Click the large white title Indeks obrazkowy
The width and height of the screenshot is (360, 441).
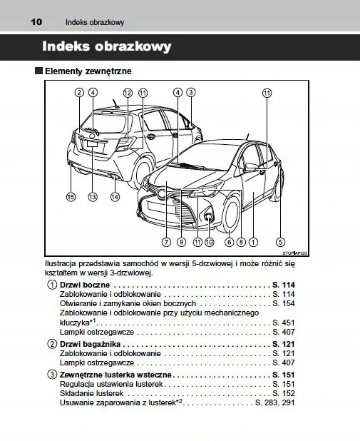tap(107, 47)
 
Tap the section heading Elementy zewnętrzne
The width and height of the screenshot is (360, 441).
tap(88, 72)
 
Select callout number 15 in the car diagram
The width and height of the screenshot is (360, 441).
tap(71, 196)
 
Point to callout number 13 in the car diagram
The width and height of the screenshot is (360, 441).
tap(93, 196)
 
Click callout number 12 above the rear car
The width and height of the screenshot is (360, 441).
tap(128, 93)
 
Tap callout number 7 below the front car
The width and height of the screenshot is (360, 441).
tap(165, 242)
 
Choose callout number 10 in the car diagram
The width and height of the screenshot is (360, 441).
tap(209, 242)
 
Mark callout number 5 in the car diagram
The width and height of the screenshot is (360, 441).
tap(281, 242)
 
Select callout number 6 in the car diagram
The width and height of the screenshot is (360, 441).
tap(229, 242)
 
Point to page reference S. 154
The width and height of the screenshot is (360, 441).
tap(284, 304)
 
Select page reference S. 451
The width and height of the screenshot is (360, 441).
tap(284, 323)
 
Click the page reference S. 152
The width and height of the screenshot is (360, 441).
tap(284, 393)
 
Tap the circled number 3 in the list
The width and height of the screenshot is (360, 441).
tap(53, 374)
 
